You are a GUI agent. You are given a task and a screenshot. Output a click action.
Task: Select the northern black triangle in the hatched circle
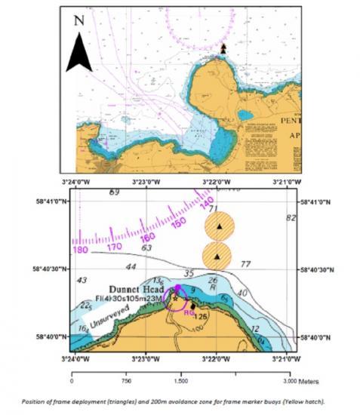pyautogui.click(x=219, y=226)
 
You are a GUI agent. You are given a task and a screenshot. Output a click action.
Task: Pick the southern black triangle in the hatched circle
pyautogui.click(x=217, y=257)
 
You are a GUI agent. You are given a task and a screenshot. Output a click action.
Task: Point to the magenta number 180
pyautogui.click(x=80, y=249)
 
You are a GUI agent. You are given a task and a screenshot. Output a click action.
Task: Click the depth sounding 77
pyautogui.click(x=245, y=264)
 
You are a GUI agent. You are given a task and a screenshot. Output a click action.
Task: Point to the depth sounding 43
pyautogui.click(x=82, y=281)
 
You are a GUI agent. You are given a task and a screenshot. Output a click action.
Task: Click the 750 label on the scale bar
pyautogui.click(x=125, y=382)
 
